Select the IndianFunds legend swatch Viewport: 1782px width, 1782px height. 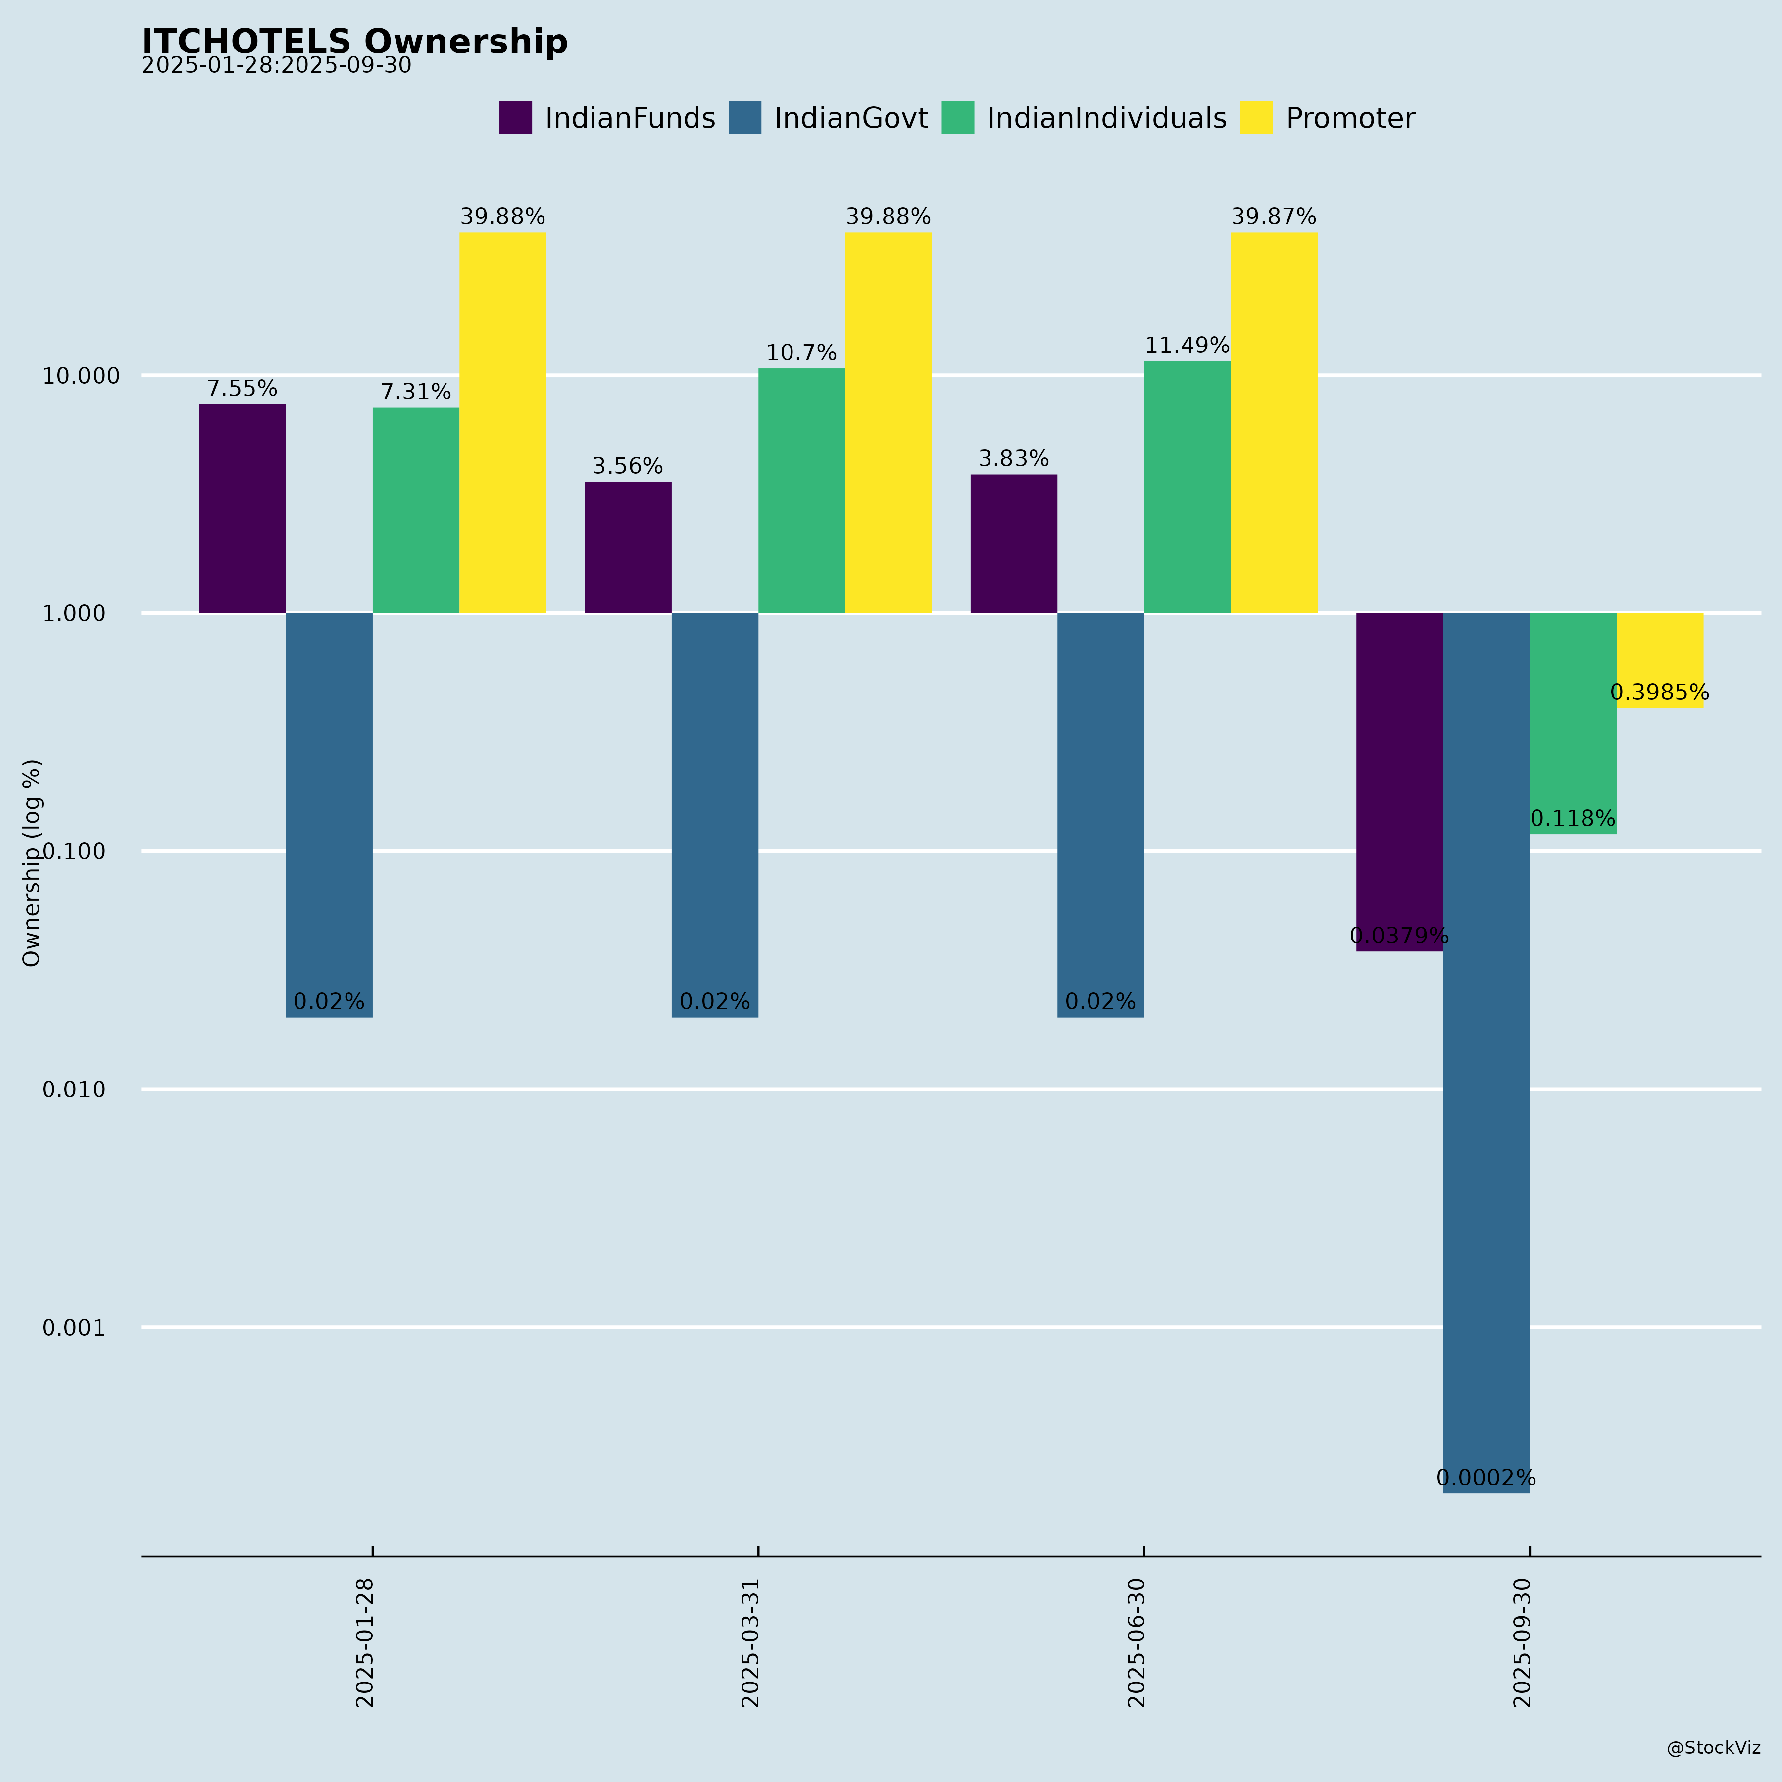pyautogui.click(x=516, y=118)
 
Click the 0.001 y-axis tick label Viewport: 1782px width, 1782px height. pyautogui.click(x=74, y=1328)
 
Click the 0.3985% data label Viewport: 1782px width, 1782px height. pyautogui.click(x=1659, y=693)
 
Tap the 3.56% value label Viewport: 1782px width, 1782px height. pyautogui.click(x=627, y=467)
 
